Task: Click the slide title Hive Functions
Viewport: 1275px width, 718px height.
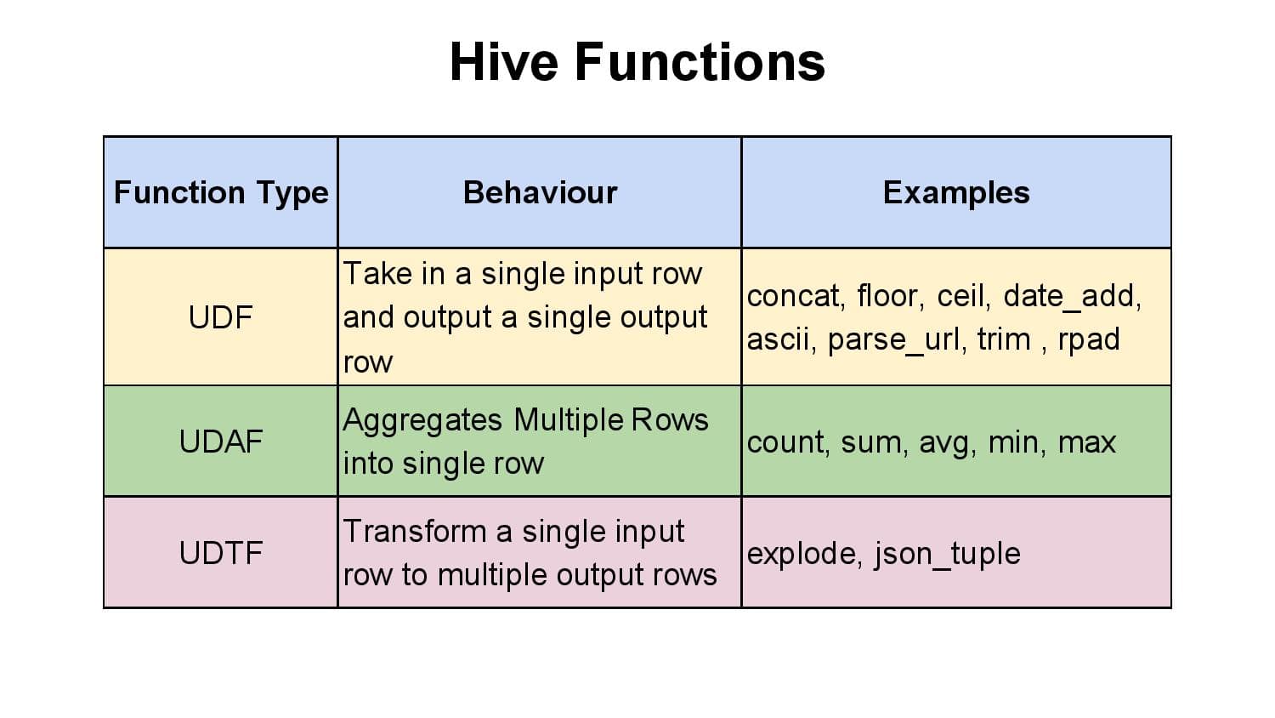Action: pos(637,62)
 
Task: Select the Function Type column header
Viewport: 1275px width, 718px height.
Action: pos(221,193)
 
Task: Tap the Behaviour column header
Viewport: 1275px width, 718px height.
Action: pos(540,193)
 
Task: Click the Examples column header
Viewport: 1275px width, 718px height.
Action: pos(956,193)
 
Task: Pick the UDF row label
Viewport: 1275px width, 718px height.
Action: pos(221,318)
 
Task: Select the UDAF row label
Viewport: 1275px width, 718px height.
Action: pos(221,442)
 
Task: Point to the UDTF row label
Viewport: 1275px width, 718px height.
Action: pos(221,553)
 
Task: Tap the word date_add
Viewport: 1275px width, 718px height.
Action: pos(1071,296)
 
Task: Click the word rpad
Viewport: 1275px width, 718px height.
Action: pos(1089,340)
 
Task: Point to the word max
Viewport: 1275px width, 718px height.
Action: pos(1087,442)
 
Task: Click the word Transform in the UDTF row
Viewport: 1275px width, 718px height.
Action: pos(415,532)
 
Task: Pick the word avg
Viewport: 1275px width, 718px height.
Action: pos(946,443)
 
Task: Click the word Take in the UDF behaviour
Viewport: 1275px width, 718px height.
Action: pos(375,274)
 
